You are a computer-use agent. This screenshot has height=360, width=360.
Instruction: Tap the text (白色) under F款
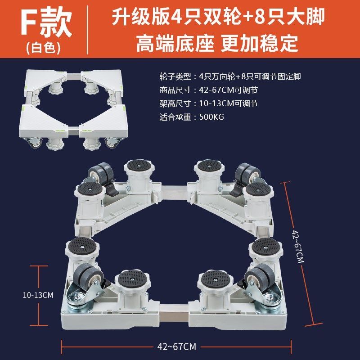[x=43, y=48]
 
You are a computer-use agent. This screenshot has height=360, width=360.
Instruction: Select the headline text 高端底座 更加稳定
[x=217, y=44]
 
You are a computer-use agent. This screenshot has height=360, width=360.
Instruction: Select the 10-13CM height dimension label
[x=38, y=295]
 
